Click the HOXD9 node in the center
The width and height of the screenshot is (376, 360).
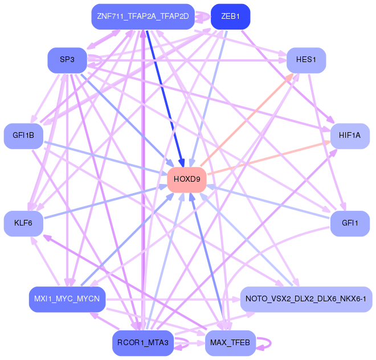(187, 179)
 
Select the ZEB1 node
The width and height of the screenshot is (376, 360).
(231, 17)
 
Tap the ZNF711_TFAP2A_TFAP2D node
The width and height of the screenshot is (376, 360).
(143, 17)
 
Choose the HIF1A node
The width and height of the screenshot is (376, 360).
(350, 136)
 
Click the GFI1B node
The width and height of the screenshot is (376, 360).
(23, 136)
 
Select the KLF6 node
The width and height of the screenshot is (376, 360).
(23, 223)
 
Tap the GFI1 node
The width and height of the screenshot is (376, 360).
(350, 223)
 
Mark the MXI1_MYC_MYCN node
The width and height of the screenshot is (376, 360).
(67, 299)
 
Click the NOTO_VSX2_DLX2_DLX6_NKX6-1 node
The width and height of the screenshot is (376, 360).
(306, 299)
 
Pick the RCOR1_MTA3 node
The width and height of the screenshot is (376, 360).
(143, 343)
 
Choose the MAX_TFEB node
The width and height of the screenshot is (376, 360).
(231, 343)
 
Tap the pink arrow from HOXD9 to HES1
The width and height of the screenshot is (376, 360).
(247, 120)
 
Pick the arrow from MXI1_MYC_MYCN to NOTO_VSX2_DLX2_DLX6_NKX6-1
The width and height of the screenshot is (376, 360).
(173, 299)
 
